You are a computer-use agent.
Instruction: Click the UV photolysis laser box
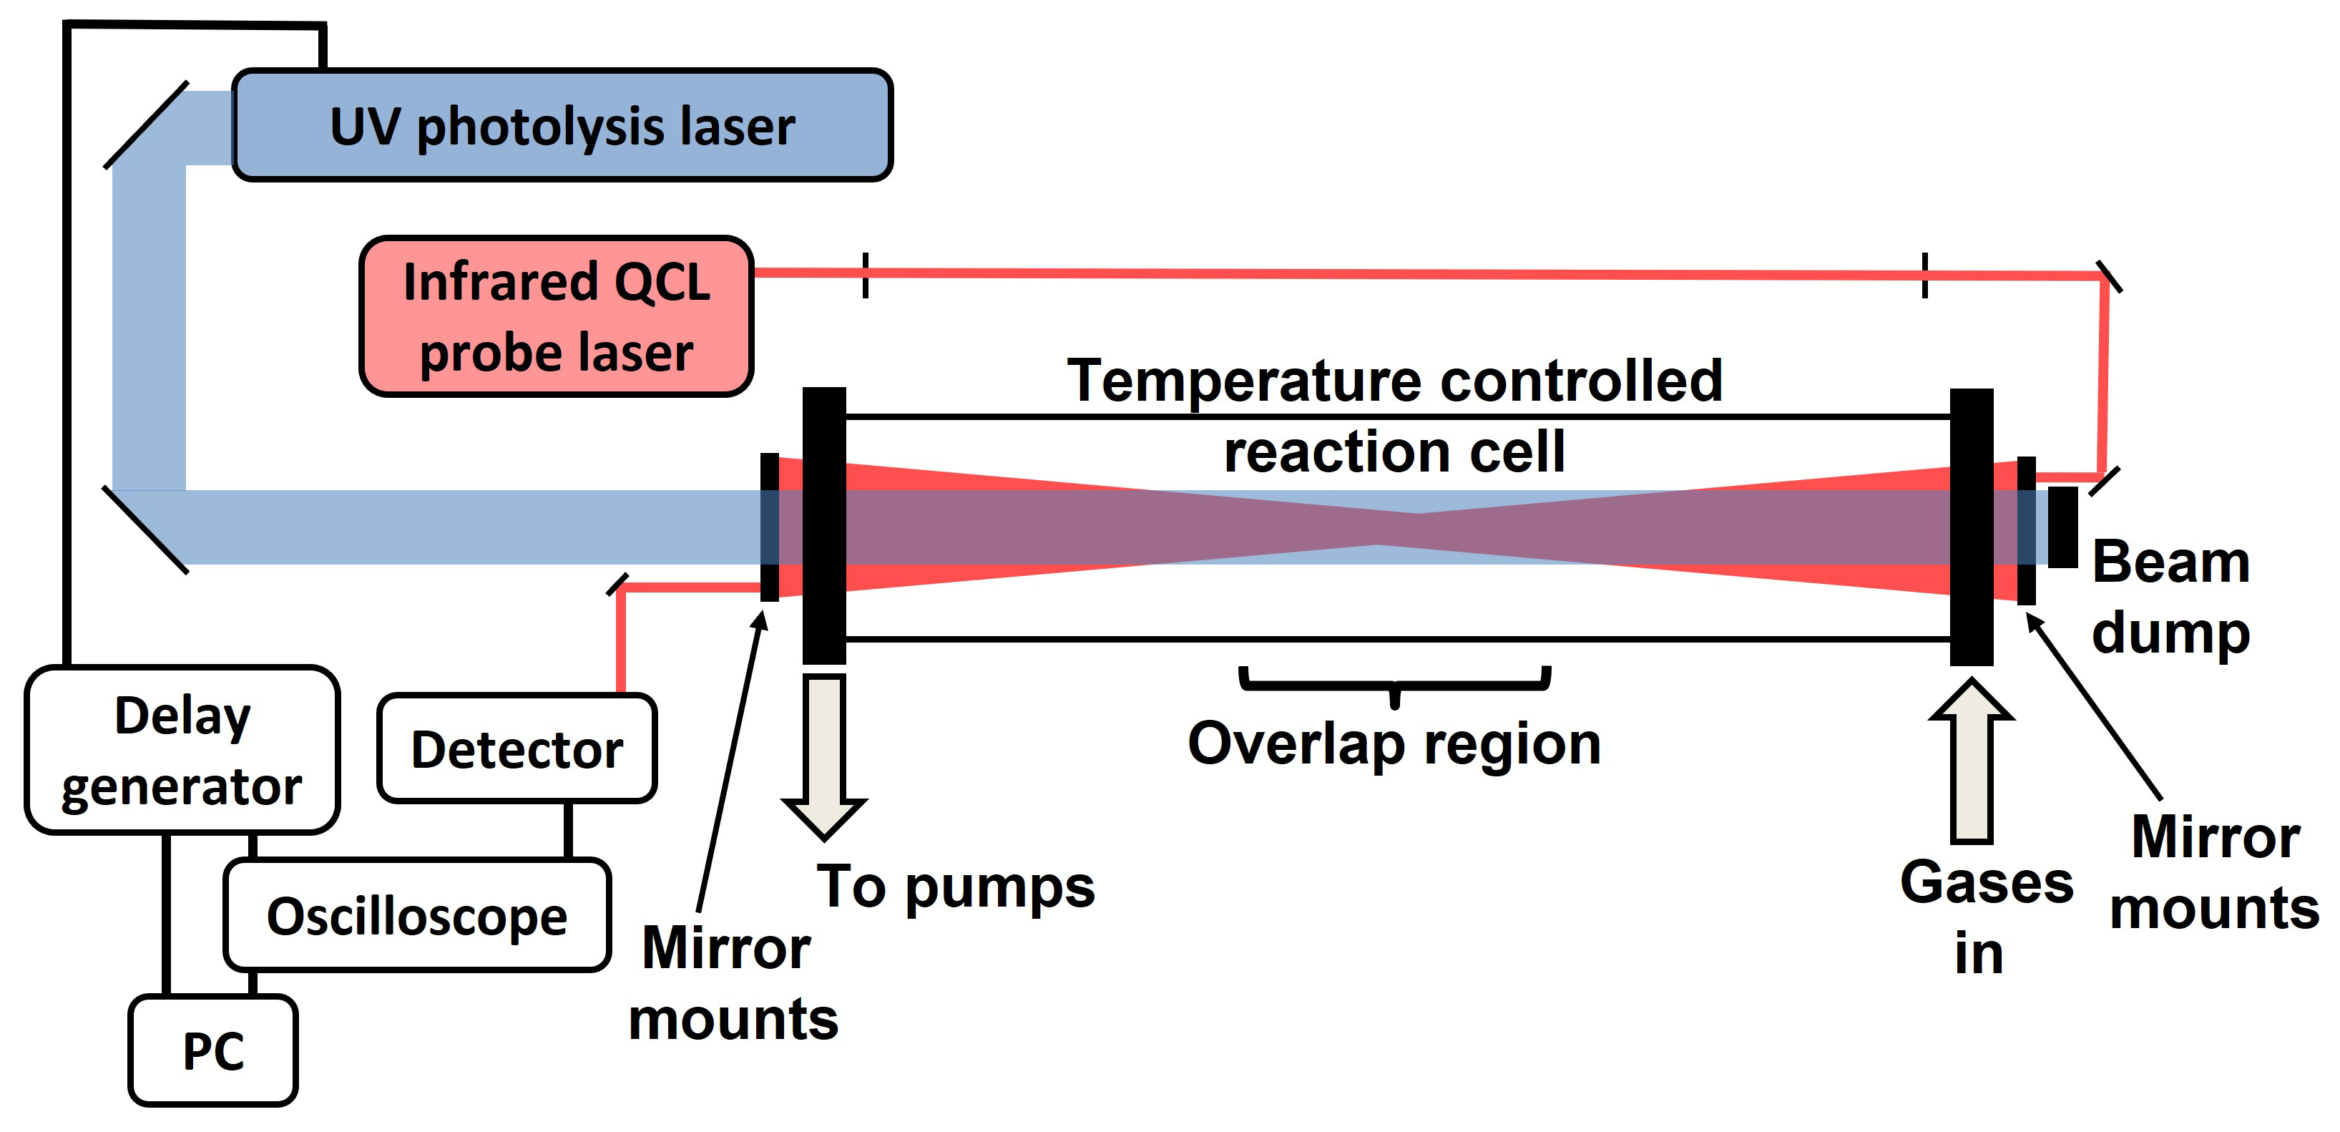562,125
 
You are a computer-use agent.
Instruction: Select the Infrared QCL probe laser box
556,316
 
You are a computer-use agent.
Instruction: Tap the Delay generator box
182,751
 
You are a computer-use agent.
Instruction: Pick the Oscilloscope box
417,915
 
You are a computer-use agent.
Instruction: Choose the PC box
213,1050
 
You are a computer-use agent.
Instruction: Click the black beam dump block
2062,527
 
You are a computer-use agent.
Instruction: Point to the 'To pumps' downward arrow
824,754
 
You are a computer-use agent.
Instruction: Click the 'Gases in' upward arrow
1971,763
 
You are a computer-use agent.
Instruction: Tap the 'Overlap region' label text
1394,745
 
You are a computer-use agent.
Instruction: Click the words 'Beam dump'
2171,596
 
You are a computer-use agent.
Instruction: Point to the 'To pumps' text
956,887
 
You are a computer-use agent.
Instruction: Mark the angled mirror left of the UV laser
146,125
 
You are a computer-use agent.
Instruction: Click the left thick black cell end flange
824,525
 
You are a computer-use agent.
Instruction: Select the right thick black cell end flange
1971,527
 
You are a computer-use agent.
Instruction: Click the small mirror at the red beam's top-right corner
2108,277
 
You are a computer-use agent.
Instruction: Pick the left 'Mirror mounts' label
732,983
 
